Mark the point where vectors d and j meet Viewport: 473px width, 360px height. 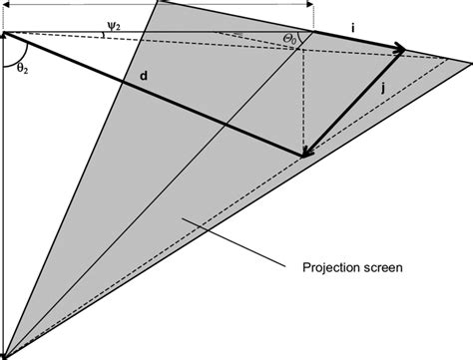(304, 156)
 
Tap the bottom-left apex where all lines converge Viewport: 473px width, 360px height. (4, 355)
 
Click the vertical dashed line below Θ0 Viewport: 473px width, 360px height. (302, 100)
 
